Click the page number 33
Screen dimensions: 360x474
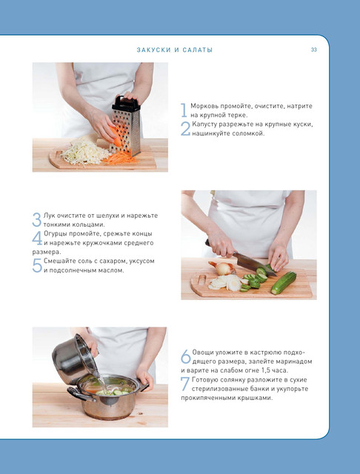pos(314,50)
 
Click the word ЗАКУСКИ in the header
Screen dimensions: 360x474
pos(154,50)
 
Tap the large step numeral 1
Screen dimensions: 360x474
pos(184,110)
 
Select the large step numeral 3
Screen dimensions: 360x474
pos(36,219)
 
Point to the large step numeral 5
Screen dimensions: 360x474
pos(37,265)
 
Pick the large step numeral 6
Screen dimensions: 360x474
pos(186,356)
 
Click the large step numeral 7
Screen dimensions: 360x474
pos(185,384)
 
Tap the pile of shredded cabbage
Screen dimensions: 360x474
pos(84,152)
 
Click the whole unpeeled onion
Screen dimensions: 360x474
pos(223,268)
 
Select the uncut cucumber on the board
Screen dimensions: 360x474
pos(284,283)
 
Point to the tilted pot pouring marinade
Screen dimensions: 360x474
pos(75,359)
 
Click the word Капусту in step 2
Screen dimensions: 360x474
pos(204,124)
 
